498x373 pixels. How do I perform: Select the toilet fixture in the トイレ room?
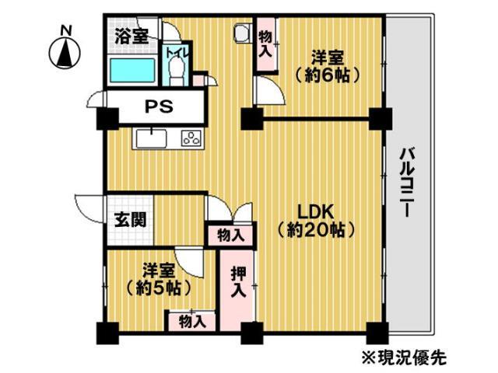[x=176, y=74]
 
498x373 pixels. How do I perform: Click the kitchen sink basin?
[x=151, y=138]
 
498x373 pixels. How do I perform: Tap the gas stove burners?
[x=191, y=138]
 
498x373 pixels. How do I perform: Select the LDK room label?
[x=316, y=211]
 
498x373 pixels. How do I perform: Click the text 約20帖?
[x=316, y=230]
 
